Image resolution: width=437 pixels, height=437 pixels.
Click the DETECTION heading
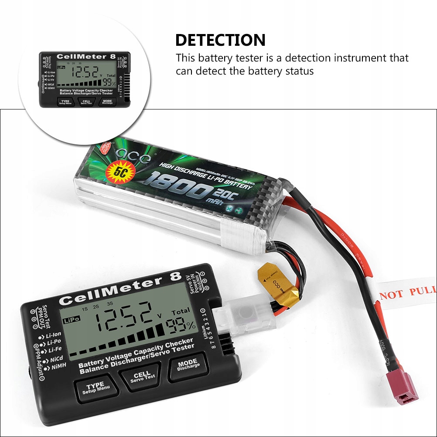point(220,40)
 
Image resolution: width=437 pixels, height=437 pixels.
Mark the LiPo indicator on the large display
point(72,321)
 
